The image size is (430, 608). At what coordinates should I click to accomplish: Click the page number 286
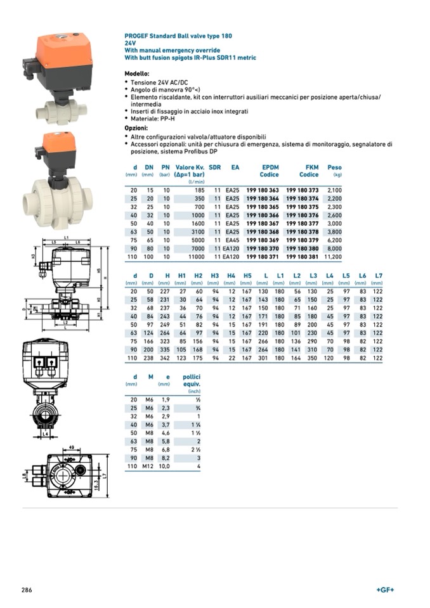coord(27,590)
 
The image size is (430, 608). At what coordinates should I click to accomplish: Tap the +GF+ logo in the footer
coord(385,590)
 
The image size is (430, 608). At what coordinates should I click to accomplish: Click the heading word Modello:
coord(137,74)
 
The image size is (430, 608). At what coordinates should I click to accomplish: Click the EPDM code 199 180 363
coord(262,190)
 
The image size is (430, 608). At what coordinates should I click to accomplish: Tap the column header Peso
coord(334,167)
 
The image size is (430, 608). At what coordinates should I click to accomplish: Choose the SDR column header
coord(215,167)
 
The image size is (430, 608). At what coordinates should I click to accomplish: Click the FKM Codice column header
coord(309,171)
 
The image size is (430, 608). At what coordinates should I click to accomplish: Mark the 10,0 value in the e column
coord(164,466)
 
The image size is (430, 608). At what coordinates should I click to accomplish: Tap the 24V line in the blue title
coord(131,43)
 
